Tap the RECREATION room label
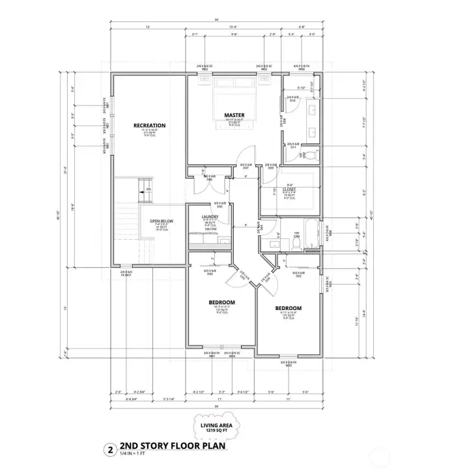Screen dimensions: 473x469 click(x=149, y=125)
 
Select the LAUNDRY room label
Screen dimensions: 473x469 click(x=210, y=216)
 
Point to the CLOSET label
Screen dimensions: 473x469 click(x=289, y=190)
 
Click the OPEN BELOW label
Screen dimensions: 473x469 click(x=160, y=221)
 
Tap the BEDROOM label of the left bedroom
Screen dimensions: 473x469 click(x=221, y=302)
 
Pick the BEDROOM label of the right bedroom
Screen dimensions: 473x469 click(x=288, y=308)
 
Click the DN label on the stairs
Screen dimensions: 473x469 click(x=148, y=189)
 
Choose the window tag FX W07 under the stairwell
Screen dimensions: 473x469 click(x=126, y=275)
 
